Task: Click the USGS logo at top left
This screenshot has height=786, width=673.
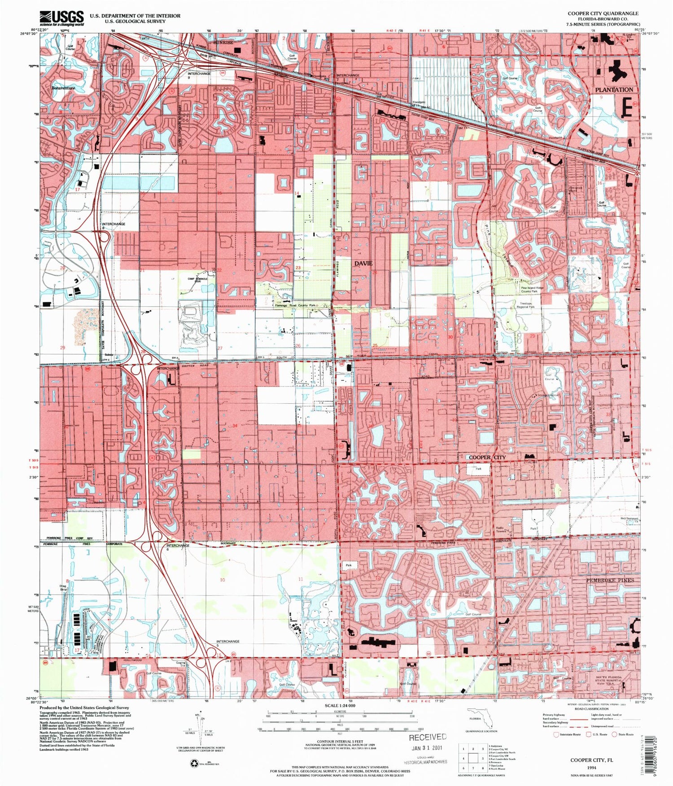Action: (x=61, y=18)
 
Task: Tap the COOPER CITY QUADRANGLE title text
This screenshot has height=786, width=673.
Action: (x=603, y=13)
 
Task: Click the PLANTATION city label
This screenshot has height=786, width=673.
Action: (x=614, y=90)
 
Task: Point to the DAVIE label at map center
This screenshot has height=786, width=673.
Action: (x=363, y=263)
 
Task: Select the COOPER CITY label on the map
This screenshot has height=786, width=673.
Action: (x=487, y=457)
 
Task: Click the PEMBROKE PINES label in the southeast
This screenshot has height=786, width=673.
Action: (x=610, y=580)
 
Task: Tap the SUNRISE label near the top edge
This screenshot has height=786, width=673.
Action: (x=223, y=42)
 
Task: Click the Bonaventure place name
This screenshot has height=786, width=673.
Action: (x=63, y=88)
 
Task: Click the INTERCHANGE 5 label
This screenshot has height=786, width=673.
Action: (x=228, y=643)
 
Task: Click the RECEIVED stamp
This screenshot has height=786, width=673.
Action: (x=428, y=737)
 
